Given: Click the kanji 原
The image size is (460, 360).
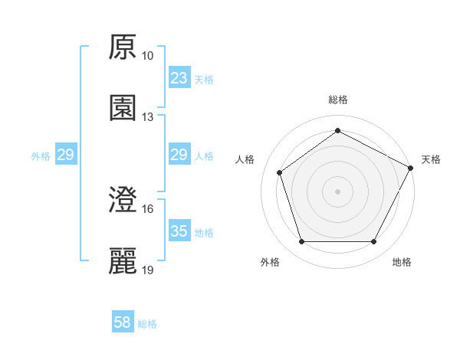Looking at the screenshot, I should point(123,48).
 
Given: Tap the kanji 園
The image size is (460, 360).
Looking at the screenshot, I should point(123,108).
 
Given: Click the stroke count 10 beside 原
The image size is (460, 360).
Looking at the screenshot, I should point(148,56).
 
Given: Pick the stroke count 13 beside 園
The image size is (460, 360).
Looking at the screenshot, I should point(148,116).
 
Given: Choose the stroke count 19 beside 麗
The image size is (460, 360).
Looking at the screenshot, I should point(148,270).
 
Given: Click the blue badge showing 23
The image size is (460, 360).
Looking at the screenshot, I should point(179,78).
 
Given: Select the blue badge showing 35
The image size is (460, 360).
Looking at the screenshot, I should point(179,231).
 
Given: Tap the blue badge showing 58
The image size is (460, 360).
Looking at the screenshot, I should point(123,323).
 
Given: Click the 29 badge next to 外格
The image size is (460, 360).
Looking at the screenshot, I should point(65,155).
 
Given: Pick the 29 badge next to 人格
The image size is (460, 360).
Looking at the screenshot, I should point(179,155).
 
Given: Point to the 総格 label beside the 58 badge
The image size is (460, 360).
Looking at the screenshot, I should point(147,324).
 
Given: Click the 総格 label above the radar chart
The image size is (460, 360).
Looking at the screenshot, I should point(338,100).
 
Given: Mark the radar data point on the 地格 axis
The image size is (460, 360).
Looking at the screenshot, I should point(374,242).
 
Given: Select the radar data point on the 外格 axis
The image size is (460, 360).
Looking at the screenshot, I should point(301,242).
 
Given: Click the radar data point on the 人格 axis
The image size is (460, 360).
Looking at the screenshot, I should point(280,172).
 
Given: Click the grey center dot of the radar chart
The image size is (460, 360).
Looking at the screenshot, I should point(338,191).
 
